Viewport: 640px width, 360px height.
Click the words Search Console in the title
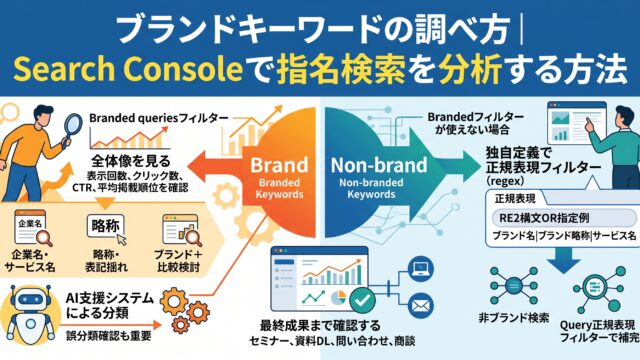(x=128, y=69)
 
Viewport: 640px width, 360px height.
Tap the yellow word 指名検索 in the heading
(x=341, y=69)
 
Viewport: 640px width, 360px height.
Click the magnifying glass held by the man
(x=73, y=127)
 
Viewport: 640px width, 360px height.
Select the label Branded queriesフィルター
(x=159, y=118)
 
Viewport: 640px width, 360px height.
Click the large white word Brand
(x=279, y=165)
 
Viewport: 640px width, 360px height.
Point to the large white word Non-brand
(x=379, y=165)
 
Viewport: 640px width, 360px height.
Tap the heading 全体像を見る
(x=131, y=161)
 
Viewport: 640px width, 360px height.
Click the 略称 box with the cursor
(x=106, y=227)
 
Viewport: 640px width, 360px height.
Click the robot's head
(x=30, y=301)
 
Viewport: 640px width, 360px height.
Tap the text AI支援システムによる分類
(x=109, y=306)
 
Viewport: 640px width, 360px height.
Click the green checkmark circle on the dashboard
(x=362, y=300)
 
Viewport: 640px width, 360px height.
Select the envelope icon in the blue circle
(x=420, y=305)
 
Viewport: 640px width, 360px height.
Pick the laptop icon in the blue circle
(x=421, y=269)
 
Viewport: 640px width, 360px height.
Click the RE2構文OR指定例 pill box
(x=564, y=218)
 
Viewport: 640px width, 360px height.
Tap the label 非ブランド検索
(x=514, y=318)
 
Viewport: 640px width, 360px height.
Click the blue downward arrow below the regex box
(x=564, y=260)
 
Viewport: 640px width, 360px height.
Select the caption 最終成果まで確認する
(x=320, y=326)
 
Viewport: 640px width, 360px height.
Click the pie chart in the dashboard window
(x=338, y=298)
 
